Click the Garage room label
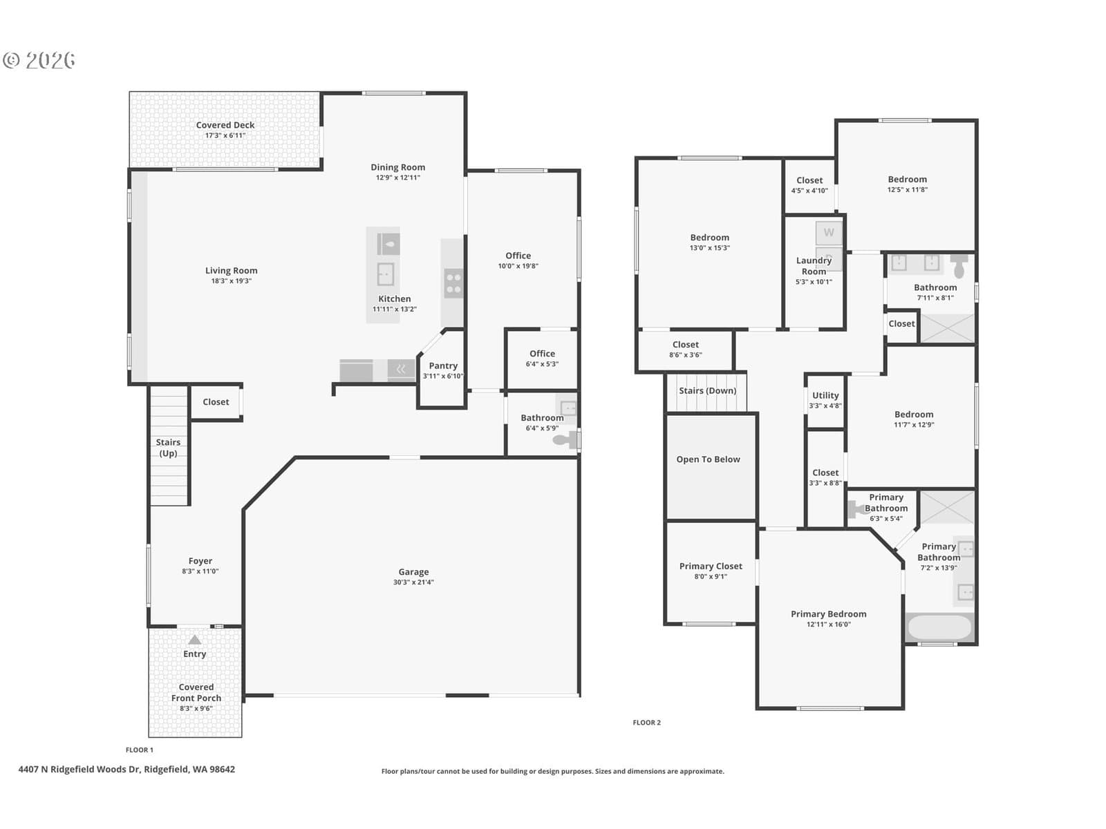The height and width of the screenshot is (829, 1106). (413, 572)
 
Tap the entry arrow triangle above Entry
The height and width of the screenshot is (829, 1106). (194, 640)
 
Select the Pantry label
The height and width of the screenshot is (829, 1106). (443, 366)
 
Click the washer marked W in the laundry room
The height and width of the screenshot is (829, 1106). (828, 233)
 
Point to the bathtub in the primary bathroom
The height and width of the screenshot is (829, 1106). (939, 627)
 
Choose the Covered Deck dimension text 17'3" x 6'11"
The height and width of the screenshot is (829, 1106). (225, 135)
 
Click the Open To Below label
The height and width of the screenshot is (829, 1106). (708, 459)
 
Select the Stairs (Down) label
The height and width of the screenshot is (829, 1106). (707, 390)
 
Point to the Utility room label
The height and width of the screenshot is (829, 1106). (825, 395)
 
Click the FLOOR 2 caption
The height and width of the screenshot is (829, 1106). (646, 723)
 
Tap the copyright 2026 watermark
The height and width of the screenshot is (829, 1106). (39, 60)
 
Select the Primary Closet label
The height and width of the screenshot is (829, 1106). (711, 566)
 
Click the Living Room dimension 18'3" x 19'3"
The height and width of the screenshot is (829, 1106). (232, 281)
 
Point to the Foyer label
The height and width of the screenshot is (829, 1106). (200, 561)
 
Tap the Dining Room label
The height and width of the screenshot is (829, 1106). (397, 167)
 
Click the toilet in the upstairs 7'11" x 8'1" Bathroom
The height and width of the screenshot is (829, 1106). (959, 266)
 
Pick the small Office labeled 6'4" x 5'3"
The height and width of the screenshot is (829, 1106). (542, 358)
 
